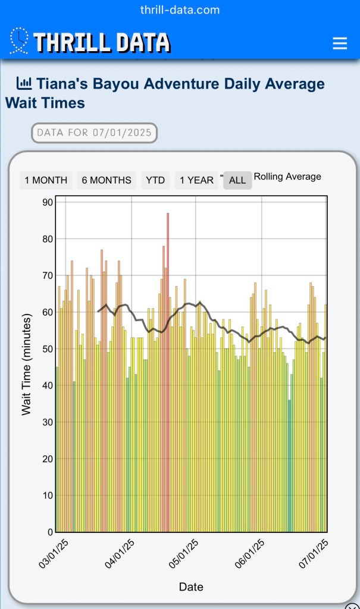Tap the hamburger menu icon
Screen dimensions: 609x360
pyautogui.click(x=339, y=43)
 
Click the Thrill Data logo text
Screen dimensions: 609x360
pyautogui.click(x=101, y=43)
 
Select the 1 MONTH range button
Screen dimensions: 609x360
pyautogui.click(x=46, y=180)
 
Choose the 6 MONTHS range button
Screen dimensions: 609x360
pyautogui.click(x=107, y=180)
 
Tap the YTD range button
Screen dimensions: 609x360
pyautogui.click(x=155, y=180)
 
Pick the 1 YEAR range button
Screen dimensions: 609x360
pyautogui.click(x=196, y=180)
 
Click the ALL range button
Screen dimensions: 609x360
pyautogui.click(x=237, y=180)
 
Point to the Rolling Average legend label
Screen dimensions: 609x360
pyautogui.click(x=287, y=177)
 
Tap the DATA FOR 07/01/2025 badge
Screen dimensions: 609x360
pyautogui.click(x=94, y=133)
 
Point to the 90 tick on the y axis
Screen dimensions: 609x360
pyautogui.click(x=47, y=202)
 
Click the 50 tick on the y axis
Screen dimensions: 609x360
pyautogui.click(x=47, y=349)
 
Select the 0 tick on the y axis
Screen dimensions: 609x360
pyautogui.click(x=50, y=532)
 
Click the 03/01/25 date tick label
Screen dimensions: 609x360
pyautogui.click(x=54, y=554)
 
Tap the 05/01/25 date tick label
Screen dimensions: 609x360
pyautogui.click(x=184, y=554)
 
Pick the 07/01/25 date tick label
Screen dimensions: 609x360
pyautogui.click(x=315, y=554)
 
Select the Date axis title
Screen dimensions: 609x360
pyautogui.click(x=191, y=587)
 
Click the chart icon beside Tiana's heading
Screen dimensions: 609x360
pyautogui.click(x=24, y=83)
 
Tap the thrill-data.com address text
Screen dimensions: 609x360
pyautogui.click(x=180, y=10)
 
